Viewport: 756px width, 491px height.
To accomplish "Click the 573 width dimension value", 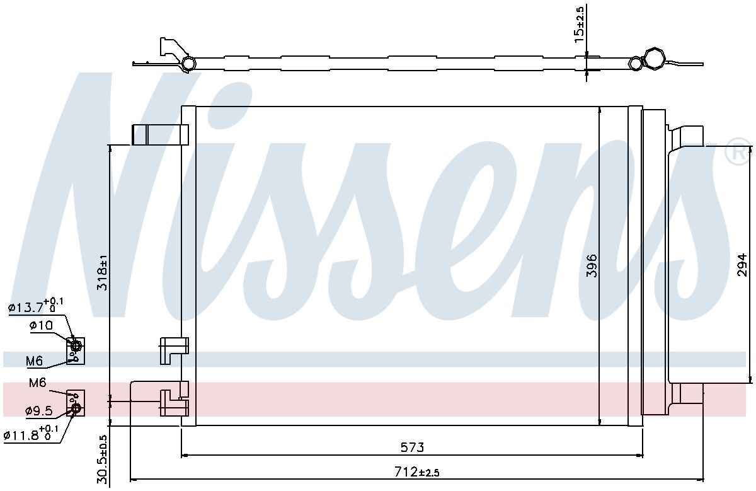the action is (412, 447).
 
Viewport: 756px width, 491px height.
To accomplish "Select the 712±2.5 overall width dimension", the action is (417, 471).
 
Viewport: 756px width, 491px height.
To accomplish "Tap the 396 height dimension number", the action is (592, 266).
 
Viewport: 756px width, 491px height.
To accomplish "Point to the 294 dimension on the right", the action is (742, 265).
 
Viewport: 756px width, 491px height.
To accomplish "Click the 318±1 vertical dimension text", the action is (102, 272).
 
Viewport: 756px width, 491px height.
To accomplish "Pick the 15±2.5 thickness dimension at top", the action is (579, 25).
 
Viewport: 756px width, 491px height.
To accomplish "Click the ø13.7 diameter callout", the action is (35, 305).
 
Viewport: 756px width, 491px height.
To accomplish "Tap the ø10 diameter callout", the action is (41, 325).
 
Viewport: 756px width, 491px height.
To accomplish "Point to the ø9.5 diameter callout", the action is (39, 410).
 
